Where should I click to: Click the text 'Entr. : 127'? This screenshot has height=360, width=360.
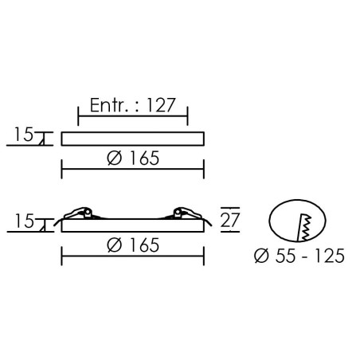point(133,105)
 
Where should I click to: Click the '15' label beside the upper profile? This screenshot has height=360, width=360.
point(24,135)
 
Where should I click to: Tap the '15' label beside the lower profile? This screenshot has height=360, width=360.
point(24,221)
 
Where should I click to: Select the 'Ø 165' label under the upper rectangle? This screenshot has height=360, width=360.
point(133,158)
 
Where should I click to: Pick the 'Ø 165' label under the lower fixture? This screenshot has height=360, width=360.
point(133,245)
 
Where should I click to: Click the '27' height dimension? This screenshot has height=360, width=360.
point(230,220)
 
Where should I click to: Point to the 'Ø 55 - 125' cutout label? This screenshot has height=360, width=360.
point(299,256)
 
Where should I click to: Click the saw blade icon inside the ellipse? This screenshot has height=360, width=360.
point(305,228)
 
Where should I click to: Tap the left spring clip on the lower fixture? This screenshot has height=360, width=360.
point(78,213)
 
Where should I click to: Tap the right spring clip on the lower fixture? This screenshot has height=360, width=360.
point(187,213)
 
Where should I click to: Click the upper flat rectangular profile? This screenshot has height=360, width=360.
point(133,139)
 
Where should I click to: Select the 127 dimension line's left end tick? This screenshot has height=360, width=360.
point(78,116)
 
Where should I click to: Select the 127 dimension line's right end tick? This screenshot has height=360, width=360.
point(187,116)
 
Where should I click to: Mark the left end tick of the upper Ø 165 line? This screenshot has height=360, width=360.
point(61,169)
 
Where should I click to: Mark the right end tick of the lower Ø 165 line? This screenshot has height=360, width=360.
point(204,256)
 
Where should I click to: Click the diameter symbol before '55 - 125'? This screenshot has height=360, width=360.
point(261,256)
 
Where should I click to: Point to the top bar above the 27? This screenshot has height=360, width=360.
point(230,208)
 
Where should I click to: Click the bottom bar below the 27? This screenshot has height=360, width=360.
point(230,232)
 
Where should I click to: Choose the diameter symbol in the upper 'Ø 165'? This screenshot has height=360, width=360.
point(115,158)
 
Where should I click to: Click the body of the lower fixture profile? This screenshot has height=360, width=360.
point(133,225)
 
